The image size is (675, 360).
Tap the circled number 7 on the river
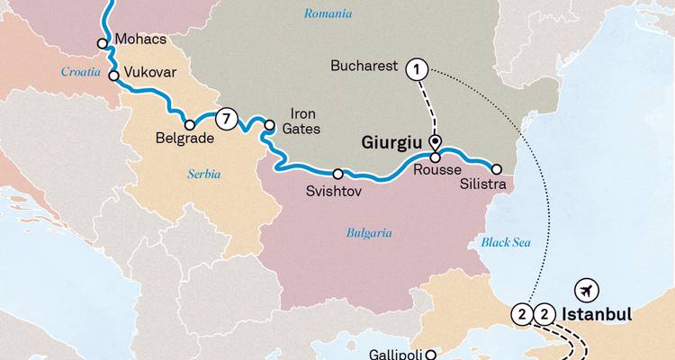(229, 118)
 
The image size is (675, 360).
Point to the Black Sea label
(508, 242)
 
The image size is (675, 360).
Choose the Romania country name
(328, 13)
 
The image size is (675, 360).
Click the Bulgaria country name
(369, 232)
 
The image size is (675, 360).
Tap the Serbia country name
(204, 174)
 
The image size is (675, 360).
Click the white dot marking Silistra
(496, 168)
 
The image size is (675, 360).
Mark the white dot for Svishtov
(338, 174)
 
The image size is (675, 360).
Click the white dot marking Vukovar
(114, 76)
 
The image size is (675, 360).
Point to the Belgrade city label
(184, 139)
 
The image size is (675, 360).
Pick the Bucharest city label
(364, 67)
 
